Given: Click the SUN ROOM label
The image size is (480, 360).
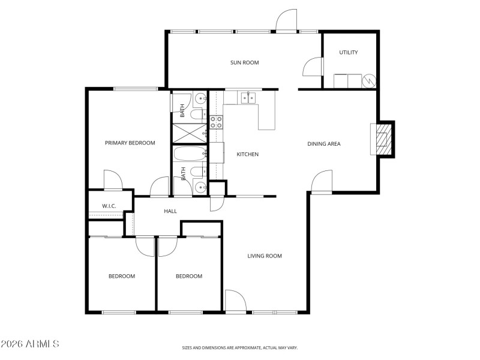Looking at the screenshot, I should [245, 62].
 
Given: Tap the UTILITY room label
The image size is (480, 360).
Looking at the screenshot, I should [349, 53].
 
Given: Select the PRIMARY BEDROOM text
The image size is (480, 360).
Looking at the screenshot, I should [130, 143].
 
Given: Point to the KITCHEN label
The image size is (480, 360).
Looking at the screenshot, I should [247, 154].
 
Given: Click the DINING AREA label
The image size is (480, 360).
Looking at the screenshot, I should [324, 143].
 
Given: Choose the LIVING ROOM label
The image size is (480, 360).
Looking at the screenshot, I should [265, 256].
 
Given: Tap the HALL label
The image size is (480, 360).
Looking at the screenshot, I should [171, 211].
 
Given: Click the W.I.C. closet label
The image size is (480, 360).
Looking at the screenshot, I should [109, 206].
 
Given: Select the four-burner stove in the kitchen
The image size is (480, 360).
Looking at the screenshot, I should [216, 122].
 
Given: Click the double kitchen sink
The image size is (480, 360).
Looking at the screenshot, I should [248, 97].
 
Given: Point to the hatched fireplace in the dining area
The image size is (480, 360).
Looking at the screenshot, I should [382, 139].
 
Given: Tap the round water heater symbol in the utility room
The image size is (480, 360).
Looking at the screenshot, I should [370, 80].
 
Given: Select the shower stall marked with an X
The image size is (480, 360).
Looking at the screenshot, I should [189, 133].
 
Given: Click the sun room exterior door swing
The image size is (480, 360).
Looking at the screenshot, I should [286, 20].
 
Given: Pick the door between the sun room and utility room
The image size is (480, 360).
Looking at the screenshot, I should [312, 67].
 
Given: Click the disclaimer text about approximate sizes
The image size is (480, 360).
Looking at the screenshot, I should [240, 347].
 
